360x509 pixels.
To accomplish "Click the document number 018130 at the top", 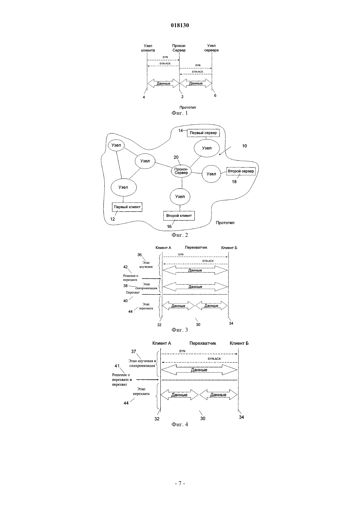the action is click(180, 25).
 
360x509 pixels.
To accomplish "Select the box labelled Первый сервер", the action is click(204, 133).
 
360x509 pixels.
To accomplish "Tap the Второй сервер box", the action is click(241, 171).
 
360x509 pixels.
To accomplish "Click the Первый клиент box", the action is click(127, 207).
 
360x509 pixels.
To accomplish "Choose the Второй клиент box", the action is click(179, 216).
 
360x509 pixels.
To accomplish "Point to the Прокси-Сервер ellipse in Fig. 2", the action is click(181, 171).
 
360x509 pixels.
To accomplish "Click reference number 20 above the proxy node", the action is click(176, 157).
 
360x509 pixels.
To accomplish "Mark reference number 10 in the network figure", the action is click(244, 146).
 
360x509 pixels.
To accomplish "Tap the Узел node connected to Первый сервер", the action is click(207, 148).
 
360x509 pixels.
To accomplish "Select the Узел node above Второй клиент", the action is click(180, 197).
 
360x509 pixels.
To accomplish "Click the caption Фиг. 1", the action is click(180, 113).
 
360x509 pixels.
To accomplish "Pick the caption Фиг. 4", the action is click(180, 424).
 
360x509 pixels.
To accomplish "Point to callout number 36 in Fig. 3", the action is click(139, 255).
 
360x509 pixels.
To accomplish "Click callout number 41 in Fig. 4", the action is click(117, 366).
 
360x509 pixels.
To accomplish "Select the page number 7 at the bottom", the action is click(180, 483).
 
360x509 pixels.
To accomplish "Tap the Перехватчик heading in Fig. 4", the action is click(203, 343).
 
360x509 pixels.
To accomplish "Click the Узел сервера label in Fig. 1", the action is click(211, 48).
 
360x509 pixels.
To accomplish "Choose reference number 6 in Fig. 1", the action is click(215, 96).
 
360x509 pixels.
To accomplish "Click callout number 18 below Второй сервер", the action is click(234, 182).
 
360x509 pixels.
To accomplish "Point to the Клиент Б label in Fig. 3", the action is click(229, 248).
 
